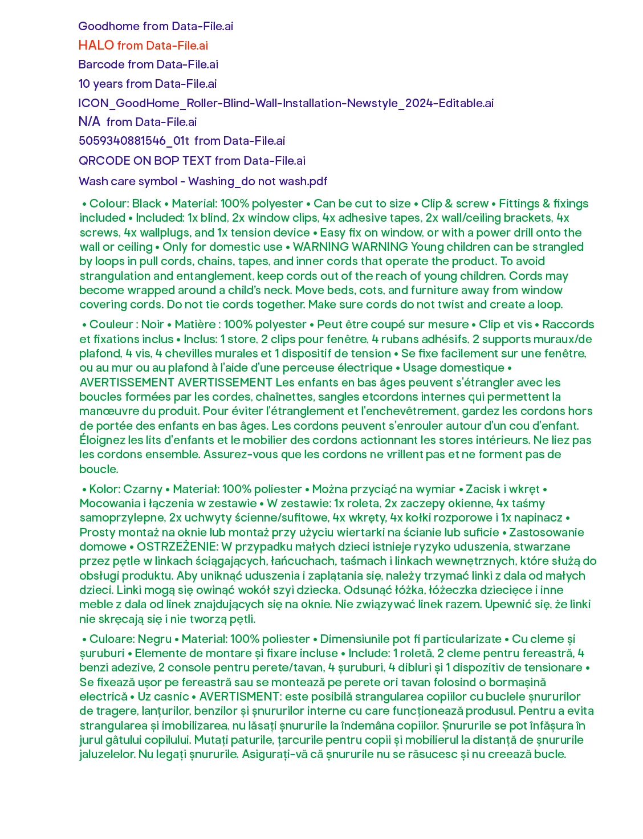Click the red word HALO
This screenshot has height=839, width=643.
click(x=96, y=46)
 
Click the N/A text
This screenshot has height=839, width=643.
click(x=89, y=122)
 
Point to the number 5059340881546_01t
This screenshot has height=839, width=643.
click(x=134, y=141)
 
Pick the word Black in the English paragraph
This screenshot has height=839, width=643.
click(x=146, y=203)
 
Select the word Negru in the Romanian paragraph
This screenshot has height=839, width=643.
click(x=154, y=639)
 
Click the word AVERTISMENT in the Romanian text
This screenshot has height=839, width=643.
click(x=239, y=697)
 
